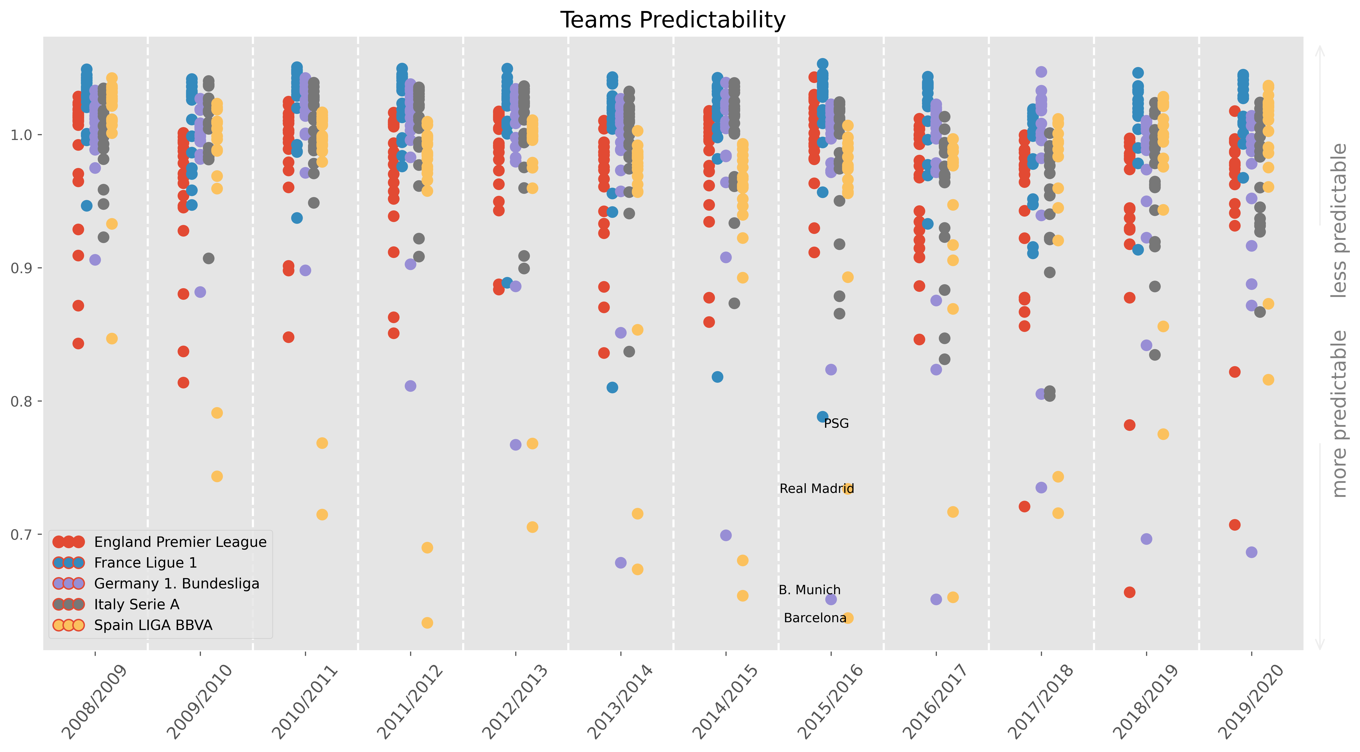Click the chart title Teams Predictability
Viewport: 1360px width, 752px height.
click(x=673, y=20)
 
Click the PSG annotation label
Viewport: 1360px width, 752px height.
click(x=836, y=424)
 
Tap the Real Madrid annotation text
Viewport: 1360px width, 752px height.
click(x=817, y=488)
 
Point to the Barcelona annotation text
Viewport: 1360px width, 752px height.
click(x=815, y=618)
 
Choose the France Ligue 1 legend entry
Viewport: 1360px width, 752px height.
click(x=145, y=563)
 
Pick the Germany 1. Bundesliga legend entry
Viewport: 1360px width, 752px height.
click(x=176, y=584)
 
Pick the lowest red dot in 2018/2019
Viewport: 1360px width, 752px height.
click(x=1129, y=592)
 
